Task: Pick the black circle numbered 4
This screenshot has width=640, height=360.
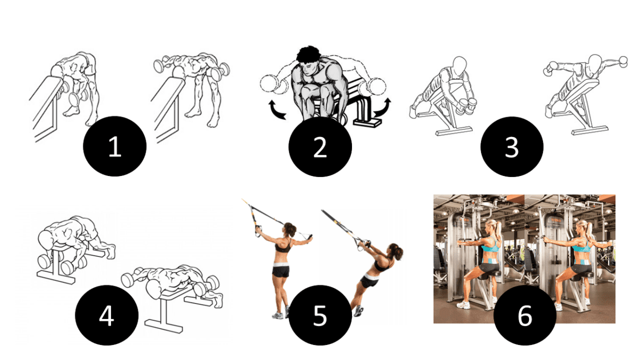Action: [x=107, y=316]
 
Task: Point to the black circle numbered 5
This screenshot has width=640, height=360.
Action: [x=319, y=316]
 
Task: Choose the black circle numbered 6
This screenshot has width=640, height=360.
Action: [x=525, y=316]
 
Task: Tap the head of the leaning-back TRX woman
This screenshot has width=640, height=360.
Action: [x=395, y=250]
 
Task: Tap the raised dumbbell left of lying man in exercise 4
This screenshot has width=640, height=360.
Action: [x=130, y=279]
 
